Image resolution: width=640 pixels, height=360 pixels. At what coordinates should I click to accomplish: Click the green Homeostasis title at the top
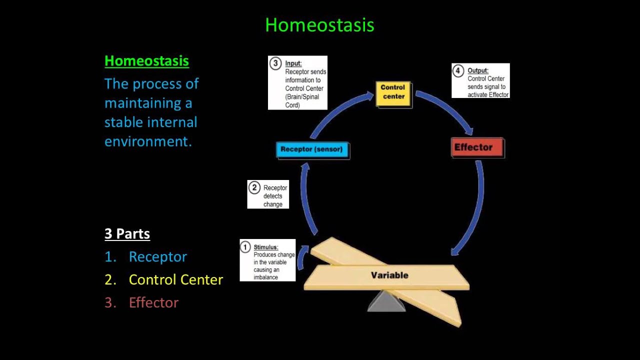coord(319,25)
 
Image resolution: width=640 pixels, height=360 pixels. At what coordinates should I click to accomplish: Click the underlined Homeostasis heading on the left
coord(146,61)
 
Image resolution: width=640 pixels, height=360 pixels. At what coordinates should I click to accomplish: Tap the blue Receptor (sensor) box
coord(312,149)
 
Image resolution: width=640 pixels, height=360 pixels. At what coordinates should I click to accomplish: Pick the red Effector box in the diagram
coord(477,147)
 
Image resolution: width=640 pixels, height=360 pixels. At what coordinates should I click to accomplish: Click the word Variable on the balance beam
coord(389,275)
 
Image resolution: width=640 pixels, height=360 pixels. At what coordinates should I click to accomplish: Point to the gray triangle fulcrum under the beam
coord(386,301)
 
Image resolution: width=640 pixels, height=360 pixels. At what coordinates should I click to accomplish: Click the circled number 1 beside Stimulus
coord(245,246)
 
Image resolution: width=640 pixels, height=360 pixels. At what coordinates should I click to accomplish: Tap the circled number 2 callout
coord(254,188)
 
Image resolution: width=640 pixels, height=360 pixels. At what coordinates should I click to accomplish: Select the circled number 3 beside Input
coord(275,63)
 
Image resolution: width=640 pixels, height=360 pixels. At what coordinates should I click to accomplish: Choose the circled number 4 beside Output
coord(458,70)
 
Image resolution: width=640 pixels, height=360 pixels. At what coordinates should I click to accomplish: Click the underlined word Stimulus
coord(266,247)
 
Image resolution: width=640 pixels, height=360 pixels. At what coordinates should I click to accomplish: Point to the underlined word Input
coord(293,63)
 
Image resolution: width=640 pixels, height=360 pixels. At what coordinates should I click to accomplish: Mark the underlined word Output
coord(478,70)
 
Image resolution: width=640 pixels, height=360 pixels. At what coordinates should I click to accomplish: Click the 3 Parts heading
coord(127,233)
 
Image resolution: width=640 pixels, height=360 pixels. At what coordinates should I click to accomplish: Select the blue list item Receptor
coord(157,256)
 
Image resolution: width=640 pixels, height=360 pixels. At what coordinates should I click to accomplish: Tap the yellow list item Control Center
coord(175,279)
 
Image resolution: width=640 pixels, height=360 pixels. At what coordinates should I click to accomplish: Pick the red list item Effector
coord(153,302)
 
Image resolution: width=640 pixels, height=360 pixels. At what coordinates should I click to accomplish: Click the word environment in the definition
coord(148,141)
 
